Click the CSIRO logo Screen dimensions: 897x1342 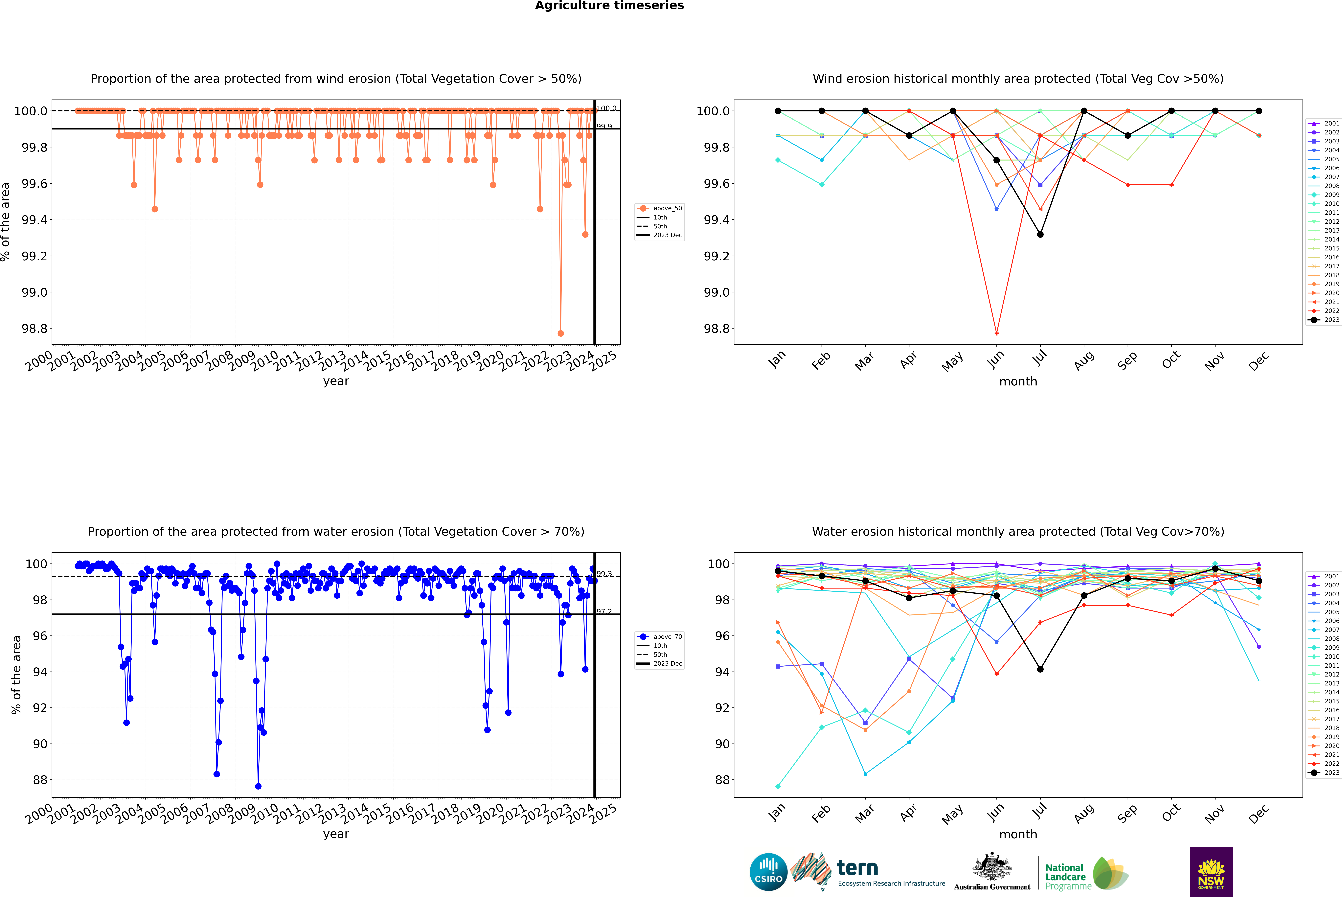(768, 872)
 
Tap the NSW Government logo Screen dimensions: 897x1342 (1211, 872)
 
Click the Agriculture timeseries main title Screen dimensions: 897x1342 (609, 6)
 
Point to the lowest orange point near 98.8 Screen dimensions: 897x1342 (561, 333)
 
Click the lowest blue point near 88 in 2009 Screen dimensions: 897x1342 (258, 786)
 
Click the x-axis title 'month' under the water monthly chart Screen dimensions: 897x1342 (1018, 834)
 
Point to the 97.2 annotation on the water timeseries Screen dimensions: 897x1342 (604, 611)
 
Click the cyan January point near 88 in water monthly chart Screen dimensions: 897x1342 (778, 786)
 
